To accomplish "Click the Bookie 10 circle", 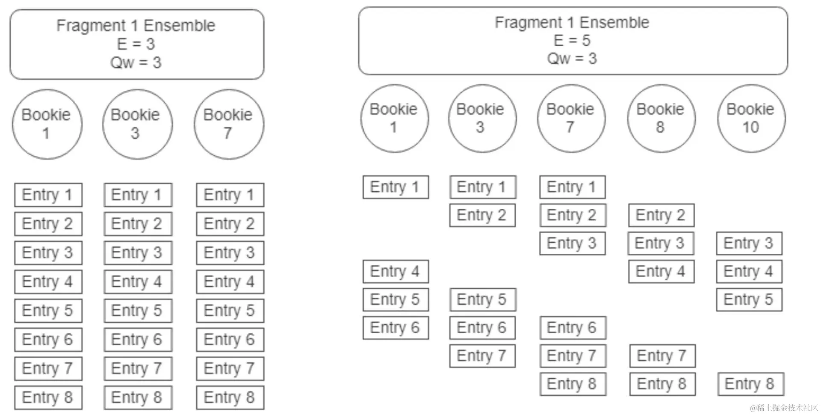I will (751, 119).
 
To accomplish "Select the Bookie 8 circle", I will (661, 119).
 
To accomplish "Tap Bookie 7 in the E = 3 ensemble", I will (228, 124).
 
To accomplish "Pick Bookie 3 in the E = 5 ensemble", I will (481, 119).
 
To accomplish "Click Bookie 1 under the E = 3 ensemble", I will (47, 124).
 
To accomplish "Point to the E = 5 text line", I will (572, 41).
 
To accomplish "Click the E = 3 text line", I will (136, 44).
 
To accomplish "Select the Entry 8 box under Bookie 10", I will (750, 384).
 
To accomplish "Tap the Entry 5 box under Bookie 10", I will (749, 299).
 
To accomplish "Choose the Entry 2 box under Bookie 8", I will (661, 215).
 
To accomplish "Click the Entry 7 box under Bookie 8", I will (662, 356).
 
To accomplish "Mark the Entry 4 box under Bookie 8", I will (661, 272).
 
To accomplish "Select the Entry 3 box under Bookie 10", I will (749, 243).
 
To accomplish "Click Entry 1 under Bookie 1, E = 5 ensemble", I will (395, 187).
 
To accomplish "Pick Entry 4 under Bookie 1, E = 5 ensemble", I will (395, 272).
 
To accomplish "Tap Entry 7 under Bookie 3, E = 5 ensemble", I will (482, 356).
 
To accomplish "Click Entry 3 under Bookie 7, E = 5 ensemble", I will (572, 243).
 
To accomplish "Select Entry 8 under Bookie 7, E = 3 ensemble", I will (230, 398).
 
